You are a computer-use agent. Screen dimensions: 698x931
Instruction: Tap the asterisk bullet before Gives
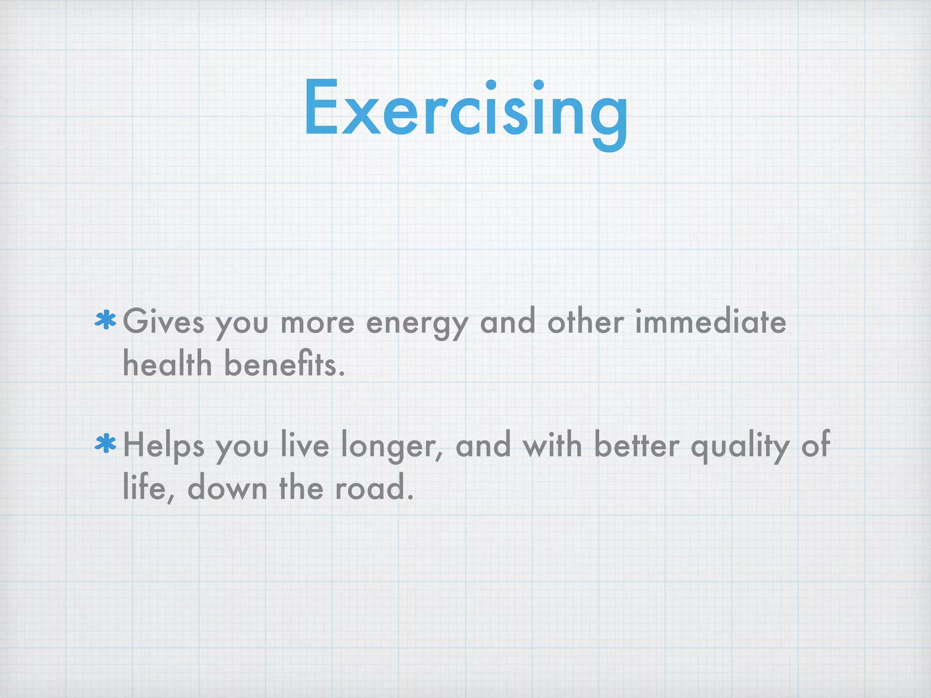coord(105,321)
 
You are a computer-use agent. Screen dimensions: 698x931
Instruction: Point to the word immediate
coord(710,322)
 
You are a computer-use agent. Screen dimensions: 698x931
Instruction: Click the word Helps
coord(164,445)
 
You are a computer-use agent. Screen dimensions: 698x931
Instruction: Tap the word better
coord(636,445)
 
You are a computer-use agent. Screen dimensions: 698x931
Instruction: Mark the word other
coord(586,322)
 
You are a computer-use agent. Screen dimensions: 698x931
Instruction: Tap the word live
coord(305,445)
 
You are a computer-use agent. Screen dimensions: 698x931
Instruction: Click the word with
coord(552,445)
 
